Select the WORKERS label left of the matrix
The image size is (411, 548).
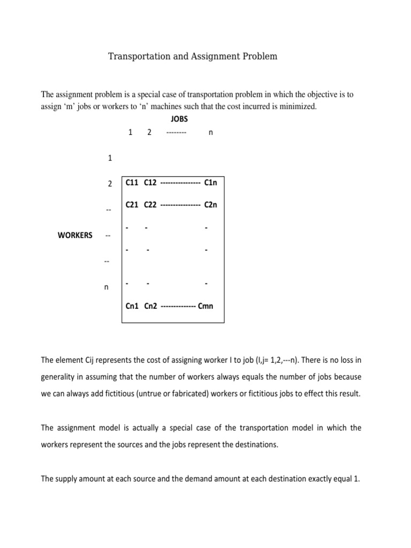pos(75,235)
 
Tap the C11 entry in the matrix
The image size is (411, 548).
pos(132,182)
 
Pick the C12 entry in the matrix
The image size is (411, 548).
pos(150,182)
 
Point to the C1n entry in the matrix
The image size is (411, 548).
pos(211,182)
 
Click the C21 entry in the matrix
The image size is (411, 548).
pos(132,204)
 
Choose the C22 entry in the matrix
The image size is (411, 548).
pos(150,204)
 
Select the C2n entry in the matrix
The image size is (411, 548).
pos(211,204)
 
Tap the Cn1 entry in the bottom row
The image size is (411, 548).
pos(132,306)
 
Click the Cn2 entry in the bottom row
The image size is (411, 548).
pos(150,306)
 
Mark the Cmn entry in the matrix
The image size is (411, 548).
pos(206,306)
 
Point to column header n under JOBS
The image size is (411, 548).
pos(210,133)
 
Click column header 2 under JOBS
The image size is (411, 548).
pos(149,133)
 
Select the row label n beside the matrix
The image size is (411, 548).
pos(106,287)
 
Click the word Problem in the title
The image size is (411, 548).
pos(259,56)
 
